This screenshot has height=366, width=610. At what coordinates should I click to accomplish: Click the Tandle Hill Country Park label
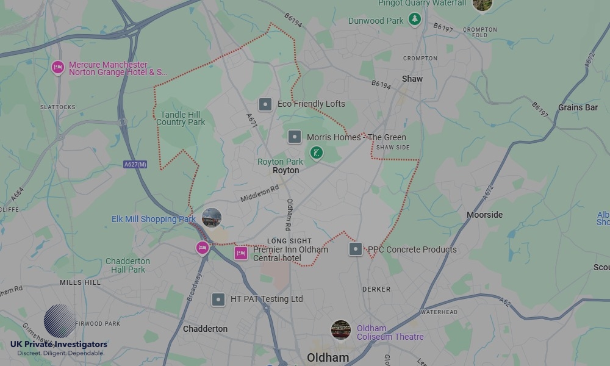(181, 118)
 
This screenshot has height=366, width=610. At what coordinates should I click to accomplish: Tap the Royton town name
(285, 171)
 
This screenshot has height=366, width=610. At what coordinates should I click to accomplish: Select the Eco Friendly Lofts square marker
(265, 104)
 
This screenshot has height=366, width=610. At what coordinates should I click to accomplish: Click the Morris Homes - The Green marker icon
(295, 137)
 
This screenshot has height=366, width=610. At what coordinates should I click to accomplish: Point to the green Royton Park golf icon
(316, 152)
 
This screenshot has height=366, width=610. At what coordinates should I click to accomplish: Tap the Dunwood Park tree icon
(415, 20)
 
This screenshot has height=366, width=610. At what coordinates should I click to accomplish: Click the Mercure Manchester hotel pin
(58, 67)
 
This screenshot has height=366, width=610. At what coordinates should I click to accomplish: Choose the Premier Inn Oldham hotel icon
(241, 253)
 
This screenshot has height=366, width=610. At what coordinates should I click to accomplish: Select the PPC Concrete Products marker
(356, 249)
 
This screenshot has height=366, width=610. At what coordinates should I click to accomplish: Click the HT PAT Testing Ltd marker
(218, 300)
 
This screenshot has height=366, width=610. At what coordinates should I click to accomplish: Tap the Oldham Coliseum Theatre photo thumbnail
(341, 330)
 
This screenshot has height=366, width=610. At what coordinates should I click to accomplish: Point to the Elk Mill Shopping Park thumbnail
(212, 218)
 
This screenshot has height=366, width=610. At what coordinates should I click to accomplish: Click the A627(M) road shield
(135, 164)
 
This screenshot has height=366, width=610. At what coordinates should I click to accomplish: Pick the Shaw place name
(412, 79)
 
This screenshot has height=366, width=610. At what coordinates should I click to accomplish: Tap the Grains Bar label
(578, 107)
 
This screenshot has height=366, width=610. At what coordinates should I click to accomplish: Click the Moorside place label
(484, 215)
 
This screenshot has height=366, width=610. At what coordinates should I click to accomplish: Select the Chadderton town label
(206, 329)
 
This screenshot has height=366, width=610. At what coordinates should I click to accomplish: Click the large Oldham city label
(328, 357)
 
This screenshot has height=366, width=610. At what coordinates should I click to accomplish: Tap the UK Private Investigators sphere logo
(60, 321)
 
